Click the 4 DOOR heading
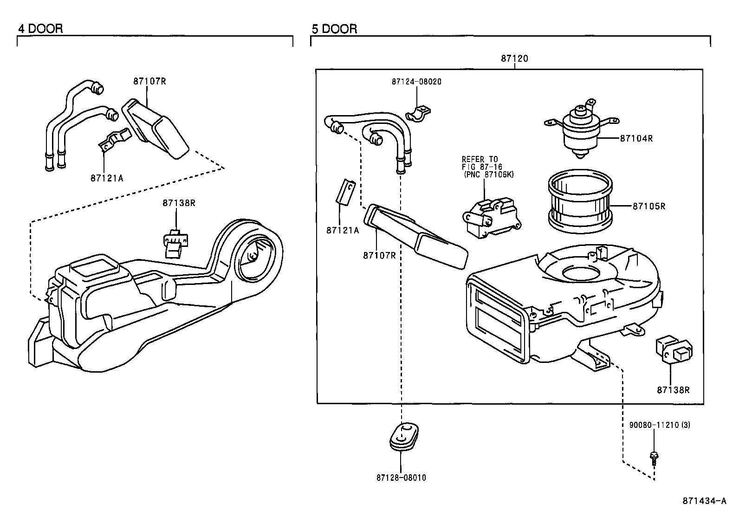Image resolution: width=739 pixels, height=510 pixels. point(40,29)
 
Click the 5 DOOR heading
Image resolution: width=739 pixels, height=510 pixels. point(334,29)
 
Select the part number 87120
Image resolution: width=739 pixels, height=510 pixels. point(514,59)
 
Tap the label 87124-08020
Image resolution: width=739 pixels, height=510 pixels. point(416,82)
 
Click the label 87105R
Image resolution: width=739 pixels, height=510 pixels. point(648,206)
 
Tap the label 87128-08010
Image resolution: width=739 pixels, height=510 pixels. point(401,478)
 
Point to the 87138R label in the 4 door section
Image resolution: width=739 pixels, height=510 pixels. point(179,203)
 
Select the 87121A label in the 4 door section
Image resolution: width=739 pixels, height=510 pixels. point(107,178)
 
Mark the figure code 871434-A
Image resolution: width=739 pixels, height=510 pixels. point(704,501)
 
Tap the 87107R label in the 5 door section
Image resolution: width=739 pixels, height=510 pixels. point(379,255)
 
